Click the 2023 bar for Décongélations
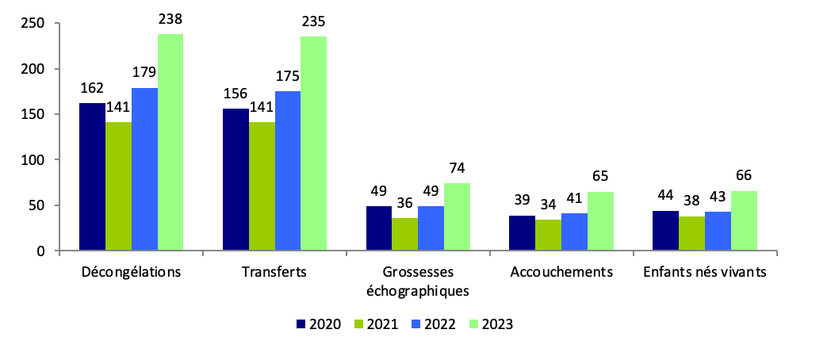point(170,143)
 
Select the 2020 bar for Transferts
point(236,180)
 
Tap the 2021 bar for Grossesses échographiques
point(404,235)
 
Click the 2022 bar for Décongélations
point(144,170)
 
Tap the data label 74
point(457,168)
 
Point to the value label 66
point(744,176)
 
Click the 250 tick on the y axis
point(33,23)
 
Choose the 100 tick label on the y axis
point(33,160)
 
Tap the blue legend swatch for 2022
point(415,324)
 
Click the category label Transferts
point(274,272)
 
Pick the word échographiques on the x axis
point(417,289)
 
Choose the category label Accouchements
point(561,272)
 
